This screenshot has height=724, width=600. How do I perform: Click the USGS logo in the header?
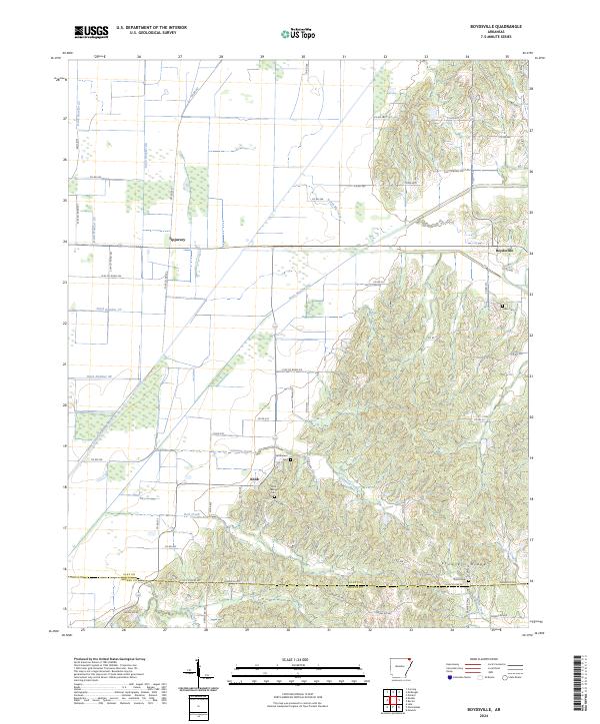click(x=92, y=32)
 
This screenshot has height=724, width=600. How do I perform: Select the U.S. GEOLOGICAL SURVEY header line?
click(x=145, y=33)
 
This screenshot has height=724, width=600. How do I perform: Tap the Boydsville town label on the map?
click(x=505, y=250)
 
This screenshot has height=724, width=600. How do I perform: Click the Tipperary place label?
click(x=179, y=240)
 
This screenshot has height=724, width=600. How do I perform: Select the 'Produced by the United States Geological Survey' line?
click(x=104, y=661)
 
